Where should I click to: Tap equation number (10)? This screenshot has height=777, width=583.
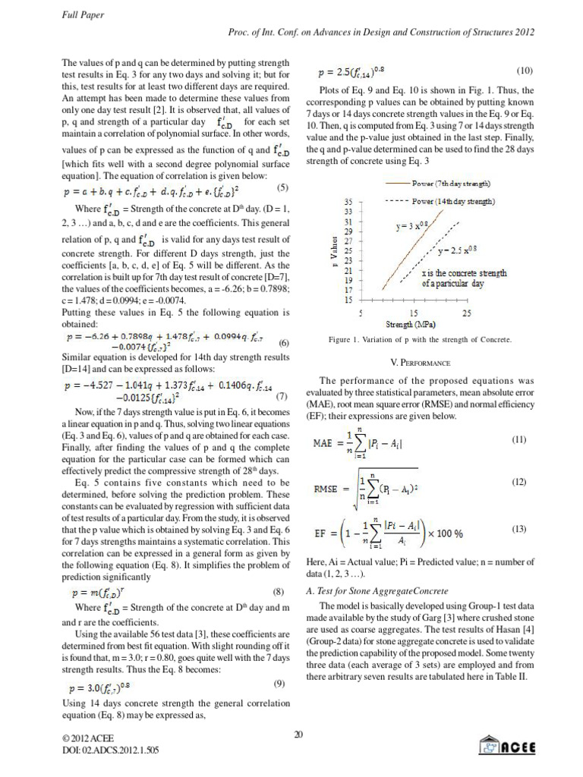click(525, 71)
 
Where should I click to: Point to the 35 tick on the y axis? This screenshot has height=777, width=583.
click(348, 202)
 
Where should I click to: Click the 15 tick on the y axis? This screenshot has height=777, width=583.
click(348, 300)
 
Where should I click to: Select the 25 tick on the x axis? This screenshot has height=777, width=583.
click(467, 313)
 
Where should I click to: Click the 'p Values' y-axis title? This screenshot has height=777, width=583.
click(333, 251)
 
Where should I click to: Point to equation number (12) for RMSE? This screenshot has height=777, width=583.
click(519, 483)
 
